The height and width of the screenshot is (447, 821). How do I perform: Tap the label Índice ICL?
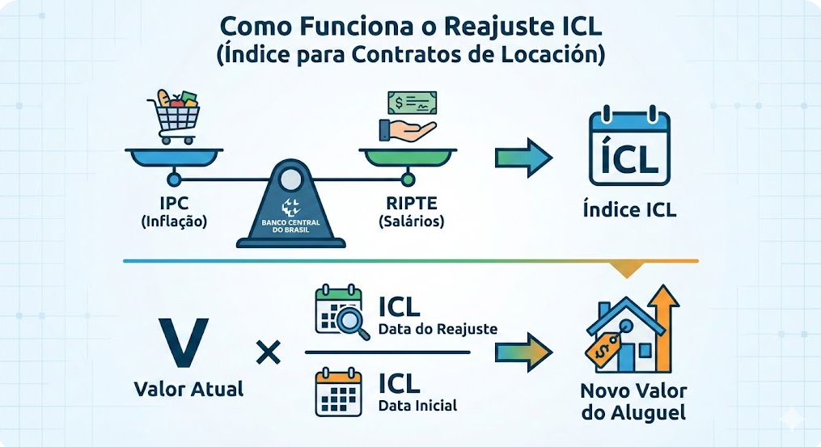(x=629, y=211)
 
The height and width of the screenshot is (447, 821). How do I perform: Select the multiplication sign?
(x=267, y=352)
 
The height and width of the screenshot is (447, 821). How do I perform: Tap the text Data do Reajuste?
(x=438, y=329)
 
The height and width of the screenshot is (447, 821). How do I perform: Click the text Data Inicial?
(x=417, y=405)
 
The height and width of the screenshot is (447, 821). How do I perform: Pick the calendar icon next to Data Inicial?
(x=337, y=393)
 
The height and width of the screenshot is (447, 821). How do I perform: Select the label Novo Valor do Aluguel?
(x=633, y=402)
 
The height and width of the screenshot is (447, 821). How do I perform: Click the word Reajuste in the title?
(x=485, y=26)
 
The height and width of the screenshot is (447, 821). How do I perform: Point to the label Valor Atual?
(x=188, y=389)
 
